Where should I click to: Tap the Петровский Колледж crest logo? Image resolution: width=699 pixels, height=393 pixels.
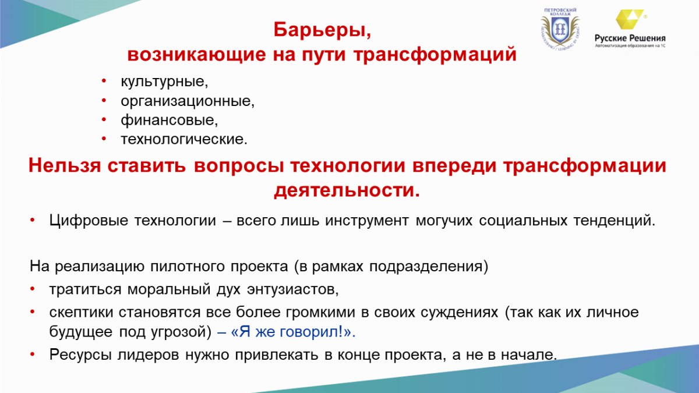(560, 28)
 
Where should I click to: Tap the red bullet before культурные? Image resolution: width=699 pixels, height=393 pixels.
(104, 81)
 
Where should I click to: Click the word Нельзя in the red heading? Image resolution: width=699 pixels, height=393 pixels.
(65, 165)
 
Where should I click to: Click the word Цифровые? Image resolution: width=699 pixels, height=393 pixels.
(89, 221)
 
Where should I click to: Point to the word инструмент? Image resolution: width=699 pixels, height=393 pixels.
(366, 221)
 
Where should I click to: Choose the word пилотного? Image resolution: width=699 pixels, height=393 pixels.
(187, 267)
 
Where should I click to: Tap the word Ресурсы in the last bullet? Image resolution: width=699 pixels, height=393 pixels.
(80, 355)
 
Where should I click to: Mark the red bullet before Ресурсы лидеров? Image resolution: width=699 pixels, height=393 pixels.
(32, 355)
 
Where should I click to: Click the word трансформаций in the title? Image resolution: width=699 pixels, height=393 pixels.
(435, 55)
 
